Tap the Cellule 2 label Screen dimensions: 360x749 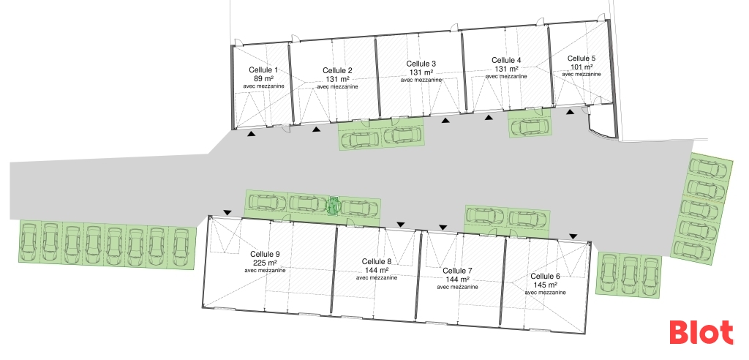pyautogui.click(x=337, y=70)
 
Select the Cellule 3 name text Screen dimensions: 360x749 pyautogui.click(x=421, y=64)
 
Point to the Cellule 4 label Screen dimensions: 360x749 pyautogui.click(x=506, y=60)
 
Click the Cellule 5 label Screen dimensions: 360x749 pyautogui.click(x=581, y=58)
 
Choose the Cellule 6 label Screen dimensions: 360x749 pyautogui.click(x=545, y=276)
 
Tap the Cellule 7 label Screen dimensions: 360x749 pyautogui.click(x=458, y=271)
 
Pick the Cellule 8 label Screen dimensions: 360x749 pyautogui.click(x=377, y=261)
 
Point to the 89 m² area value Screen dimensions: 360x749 pyautogui.click(x=263, y=78)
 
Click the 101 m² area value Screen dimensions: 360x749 pyautogui.click(x=581, y=67)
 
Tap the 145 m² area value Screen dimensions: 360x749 pyautogui.click(x=545, y=285)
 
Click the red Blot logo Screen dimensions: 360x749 pyautogui.click(x=701, y=333)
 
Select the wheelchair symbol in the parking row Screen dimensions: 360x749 pyautogui.click(x=334, y=206)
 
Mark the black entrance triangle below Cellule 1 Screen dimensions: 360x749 pyautogui.click(x=251, y=134)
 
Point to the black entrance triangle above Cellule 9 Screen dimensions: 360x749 pyautogui.click(x=227, y=213)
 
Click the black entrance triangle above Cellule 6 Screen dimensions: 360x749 pyautogui.click(x=574, y=236)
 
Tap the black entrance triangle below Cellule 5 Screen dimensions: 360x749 pyautogui.click(x=571, y=111)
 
